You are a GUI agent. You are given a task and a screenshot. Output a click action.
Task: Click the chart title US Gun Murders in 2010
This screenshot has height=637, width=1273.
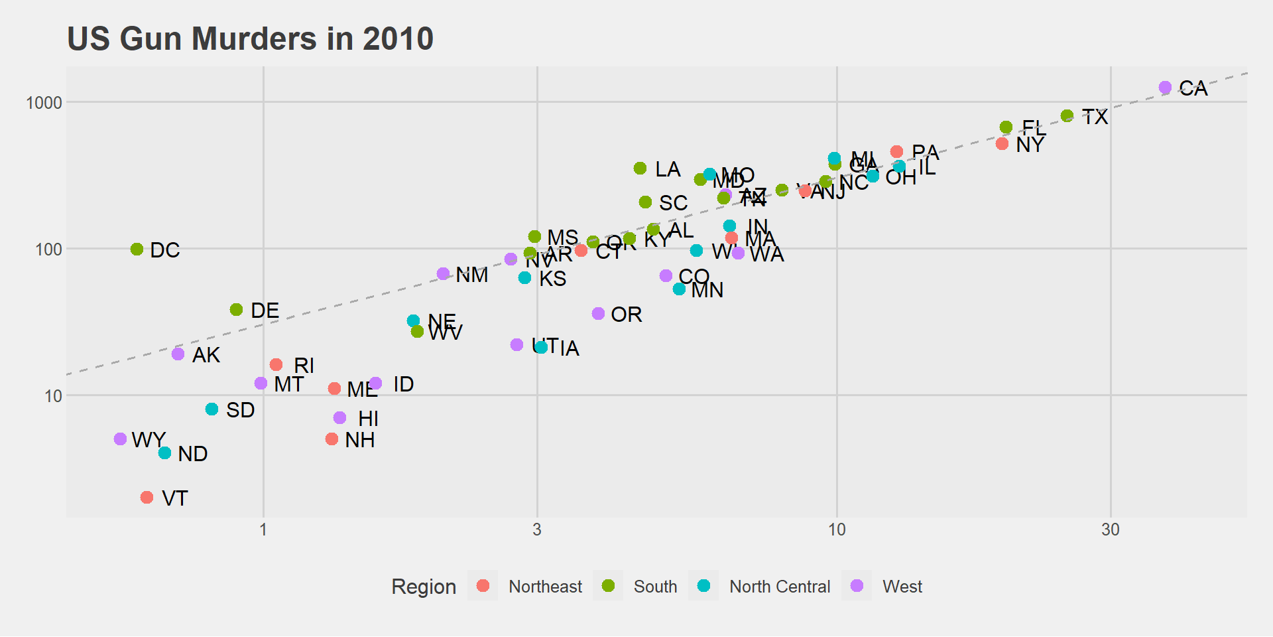pyautogui.click(x=250, y=38)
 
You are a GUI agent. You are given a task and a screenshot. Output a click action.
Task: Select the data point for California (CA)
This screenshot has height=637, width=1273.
pyautogui.click(x=1165, y=88)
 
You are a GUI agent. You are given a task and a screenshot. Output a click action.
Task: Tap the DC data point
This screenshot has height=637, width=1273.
pyautogui.click(x=137, y=249)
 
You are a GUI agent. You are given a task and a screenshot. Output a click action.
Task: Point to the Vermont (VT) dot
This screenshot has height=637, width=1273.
pyautogui.click(x=147, y=498)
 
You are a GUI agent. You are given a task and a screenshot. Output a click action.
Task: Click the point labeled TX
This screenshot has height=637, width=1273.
pyautogui.click(x=1067, y=116)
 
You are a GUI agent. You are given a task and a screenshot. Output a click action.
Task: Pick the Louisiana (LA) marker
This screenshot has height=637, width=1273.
pyautogui.click(x=640, y=169)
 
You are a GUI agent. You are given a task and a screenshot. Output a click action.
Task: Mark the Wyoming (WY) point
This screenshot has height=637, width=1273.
pyautogui.click(x=120, y=439)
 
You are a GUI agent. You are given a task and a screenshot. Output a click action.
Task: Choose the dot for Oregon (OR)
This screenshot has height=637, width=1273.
pyautogui.click(x=598, y=314)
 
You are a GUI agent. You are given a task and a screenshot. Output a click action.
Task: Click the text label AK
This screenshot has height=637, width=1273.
pyautogui.click(x=206, y=355)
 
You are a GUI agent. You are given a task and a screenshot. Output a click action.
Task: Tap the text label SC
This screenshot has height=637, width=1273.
pyautogui.click(x=673, y=203)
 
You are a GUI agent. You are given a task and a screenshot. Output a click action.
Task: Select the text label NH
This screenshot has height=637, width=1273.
pyautogui.click(x=360, y=440)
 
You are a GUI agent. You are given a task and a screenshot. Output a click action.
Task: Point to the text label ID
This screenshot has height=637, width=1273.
pyautogui.click(x=403, y=384)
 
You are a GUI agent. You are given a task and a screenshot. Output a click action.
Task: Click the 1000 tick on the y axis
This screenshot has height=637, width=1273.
pyautogui.click(x=44, y=103)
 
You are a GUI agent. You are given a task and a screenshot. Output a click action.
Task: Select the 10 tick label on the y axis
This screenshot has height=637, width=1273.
pyautogui.click(x=53, y=396)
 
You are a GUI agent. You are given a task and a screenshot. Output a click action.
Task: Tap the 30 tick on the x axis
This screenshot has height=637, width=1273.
pyautogui.click(x=1111, y=530)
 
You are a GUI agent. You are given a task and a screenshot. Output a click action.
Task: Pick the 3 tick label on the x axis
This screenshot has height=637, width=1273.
pyautogui.click(x=537, y=530)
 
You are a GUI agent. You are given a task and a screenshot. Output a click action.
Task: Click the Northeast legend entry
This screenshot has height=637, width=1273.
pyautogui.click(x=545, y=587)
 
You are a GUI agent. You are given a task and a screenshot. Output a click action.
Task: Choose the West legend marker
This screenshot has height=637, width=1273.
pyautogui.click(x=857, y=586)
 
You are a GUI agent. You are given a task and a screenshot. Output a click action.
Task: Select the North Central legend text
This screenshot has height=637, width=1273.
pyautogui.click(x=780, y=587)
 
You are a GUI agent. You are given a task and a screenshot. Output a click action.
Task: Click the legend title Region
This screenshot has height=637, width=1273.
pyautogui.click(x=424, y=587)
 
